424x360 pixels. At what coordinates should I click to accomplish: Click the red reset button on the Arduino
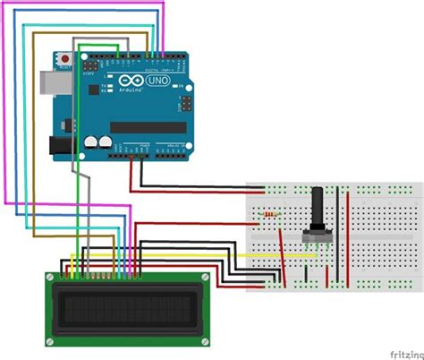[64, 58]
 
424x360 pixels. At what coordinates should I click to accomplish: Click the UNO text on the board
[161, 81]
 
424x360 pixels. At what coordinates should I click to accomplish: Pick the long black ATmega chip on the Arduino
[146, 126]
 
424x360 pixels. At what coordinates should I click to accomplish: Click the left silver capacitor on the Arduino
[92, 141]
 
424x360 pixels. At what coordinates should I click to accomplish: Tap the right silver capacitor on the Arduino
[106, 141]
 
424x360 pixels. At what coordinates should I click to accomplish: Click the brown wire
[33, 134]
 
